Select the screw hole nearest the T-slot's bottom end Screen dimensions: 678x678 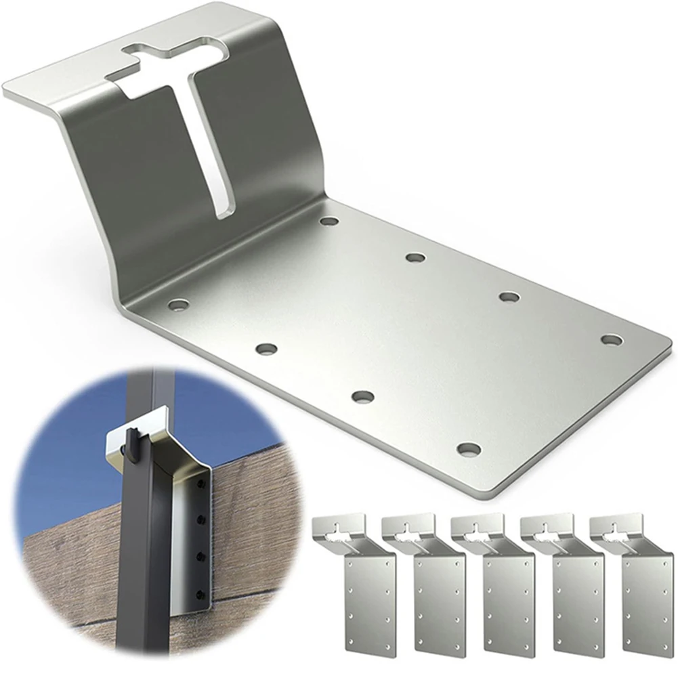pyautogui.click(x=329, y=221)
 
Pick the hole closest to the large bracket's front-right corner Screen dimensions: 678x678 pyautogui.click(x=468, y=448)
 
